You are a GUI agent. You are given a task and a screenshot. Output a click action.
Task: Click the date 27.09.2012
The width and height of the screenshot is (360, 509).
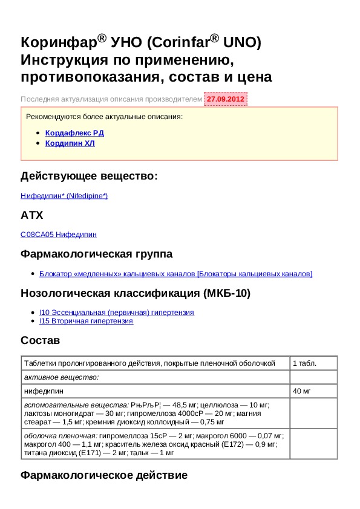(x=226, y=99)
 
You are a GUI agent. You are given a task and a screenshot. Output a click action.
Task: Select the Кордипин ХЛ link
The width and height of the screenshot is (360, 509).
(x=70, y=143)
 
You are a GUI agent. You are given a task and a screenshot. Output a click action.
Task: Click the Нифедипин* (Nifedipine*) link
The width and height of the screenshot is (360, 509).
(x=64, y=196)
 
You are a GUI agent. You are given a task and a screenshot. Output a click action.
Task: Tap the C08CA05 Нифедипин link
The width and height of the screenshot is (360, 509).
(x=59, y=235)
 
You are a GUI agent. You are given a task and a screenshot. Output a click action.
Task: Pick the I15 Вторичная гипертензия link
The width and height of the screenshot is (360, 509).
(x=86, y=321)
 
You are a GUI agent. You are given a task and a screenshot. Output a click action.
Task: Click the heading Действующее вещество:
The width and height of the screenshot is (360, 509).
(x=89, y=176)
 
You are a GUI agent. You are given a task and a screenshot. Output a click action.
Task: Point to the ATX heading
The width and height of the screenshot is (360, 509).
(x=31, y=215)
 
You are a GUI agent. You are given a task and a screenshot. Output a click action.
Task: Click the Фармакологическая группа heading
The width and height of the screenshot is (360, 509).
(x=96, y=254)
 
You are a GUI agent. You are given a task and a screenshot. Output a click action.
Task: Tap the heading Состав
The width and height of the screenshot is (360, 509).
(x=40, y=341)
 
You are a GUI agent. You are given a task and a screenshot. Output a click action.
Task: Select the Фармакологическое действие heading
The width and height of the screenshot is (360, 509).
(x=103, y=475)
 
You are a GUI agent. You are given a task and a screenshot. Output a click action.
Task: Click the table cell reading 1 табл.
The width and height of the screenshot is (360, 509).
(x=304, y=363)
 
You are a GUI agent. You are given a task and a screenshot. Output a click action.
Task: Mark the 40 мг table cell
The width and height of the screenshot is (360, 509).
(x=301, y=392)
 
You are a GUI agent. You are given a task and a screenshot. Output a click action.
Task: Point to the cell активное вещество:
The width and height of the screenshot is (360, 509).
(x=61, y=377)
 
